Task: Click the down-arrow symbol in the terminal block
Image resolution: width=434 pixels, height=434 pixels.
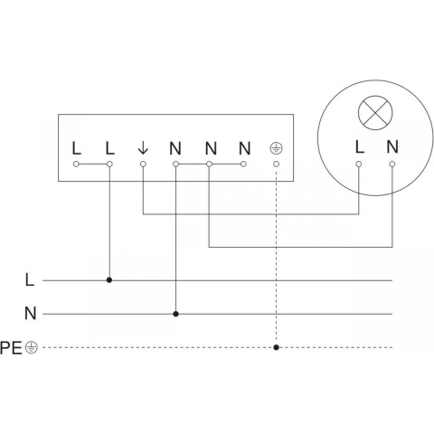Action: pyautogui.click(x=143, y=148)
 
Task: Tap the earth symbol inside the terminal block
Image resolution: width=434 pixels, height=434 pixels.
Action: pyautogui.click(x=276, y=148)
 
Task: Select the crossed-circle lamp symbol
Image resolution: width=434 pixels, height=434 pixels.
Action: pyautogui.click(x=375, y=113)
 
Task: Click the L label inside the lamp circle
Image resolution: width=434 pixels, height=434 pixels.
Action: pyautogui.click(x=360, y=146)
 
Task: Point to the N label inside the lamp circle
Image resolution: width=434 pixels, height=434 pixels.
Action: pyautogui.click(x=392, y=146)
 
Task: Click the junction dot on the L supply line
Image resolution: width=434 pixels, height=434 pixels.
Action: pyautogui.click(x=109, y=280)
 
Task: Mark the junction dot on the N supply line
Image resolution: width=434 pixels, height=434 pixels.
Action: pyautogui.click(x=176, y=314)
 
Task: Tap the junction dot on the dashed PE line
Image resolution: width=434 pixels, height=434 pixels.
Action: pyautogui.click(x=276, y=347)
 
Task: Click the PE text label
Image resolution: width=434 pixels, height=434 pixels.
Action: pyautogui.click(x=11, y=348)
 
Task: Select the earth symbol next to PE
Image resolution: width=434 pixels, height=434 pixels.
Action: pyautogui.click(x=32, y=347)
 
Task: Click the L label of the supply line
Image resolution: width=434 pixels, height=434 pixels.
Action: pyautogui.click(x=30, y=280)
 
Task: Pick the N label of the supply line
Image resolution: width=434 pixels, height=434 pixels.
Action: pyautogui.click(x=30, y=314)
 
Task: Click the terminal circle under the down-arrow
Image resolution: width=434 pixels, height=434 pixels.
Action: pyautogui.click(x=143, y=164)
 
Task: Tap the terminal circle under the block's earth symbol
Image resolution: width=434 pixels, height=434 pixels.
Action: pyautogui.click(x=276, y=164)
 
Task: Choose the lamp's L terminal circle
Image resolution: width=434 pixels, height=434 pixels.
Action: pyautogui.click(x=359, y=164)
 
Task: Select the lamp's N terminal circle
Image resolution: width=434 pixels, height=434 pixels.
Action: pyautogui.click(x=392, y=164)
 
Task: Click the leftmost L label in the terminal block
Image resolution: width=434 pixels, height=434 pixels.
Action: pyautogui.click(x=77, y=148)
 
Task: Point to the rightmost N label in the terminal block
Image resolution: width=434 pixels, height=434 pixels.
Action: pyautogui.click(x=244, y=148)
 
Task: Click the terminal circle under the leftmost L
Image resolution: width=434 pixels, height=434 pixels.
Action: pyautogui.click(x=76, y=164)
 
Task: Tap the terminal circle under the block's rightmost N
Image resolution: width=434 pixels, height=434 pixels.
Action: pyautogui.click(x=243, y=164)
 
